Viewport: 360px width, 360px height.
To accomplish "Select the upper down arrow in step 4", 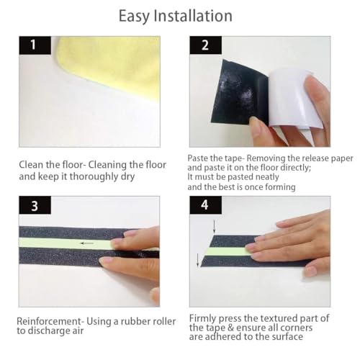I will click(x=214, y=228).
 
